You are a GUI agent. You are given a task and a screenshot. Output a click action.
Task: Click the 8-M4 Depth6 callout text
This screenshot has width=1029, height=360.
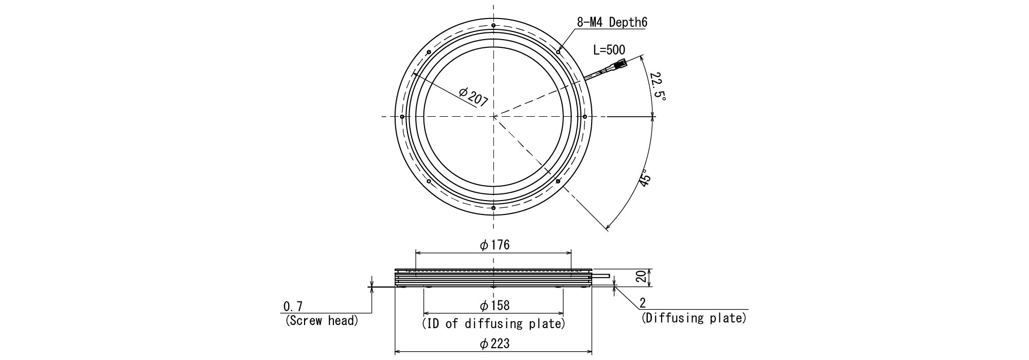[612, 22]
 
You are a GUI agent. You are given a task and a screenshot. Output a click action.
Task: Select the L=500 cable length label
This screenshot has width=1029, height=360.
[609, 50]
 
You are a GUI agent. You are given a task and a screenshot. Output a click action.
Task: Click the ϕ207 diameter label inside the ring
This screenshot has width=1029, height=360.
[473, 97]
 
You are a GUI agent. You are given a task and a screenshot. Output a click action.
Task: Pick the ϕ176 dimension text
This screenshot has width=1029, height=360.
[494, 245]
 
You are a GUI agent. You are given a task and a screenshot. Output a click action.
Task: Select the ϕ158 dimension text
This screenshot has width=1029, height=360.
[494, 306]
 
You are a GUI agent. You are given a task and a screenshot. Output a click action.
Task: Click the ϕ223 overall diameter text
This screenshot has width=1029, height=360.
[494, 344]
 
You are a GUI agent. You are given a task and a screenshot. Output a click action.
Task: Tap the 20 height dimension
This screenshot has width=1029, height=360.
[641, 278]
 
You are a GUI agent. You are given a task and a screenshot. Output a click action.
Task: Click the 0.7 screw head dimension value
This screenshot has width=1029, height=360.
[293, 307]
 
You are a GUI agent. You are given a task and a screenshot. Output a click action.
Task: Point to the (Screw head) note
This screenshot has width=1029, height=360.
[321, 321]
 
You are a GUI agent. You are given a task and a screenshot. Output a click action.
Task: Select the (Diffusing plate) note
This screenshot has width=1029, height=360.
[694, 318]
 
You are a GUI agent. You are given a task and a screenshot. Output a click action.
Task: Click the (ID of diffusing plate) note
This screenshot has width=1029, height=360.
[493, 324]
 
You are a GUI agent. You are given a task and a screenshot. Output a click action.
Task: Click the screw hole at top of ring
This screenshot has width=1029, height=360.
[493, 26]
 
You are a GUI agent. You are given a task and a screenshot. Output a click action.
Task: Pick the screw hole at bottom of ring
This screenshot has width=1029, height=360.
[493, 208]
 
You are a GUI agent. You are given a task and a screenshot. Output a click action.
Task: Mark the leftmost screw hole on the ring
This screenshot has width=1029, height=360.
[402, 117]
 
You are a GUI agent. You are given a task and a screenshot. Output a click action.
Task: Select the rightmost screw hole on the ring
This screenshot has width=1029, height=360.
[584, 117]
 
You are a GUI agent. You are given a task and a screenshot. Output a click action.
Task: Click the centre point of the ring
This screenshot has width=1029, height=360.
[493, 117]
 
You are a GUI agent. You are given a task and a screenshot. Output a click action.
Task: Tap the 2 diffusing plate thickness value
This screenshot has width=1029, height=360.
[643, 303]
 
